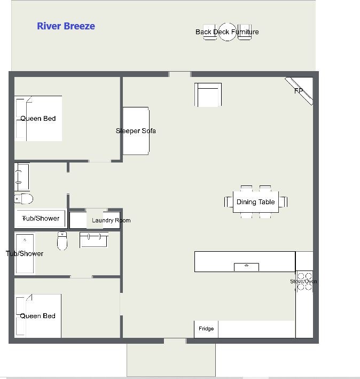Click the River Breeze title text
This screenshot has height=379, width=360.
coord(66,26)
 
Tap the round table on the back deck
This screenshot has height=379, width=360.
coord(227,32)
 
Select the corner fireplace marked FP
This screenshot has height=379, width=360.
coord(300,91)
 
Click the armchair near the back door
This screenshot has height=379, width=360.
coord(208,95)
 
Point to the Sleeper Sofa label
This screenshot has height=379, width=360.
coord(136,131)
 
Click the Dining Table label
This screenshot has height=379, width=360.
coord(256,202)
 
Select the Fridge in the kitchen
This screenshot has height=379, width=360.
coord(206,329)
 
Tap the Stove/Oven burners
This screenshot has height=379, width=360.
coord(304,281)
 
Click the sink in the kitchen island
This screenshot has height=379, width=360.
coord(247,267)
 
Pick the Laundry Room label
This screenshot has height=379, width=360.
coord(111,220)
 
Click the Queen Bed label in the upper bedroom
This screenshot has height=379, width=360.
coord(38,119)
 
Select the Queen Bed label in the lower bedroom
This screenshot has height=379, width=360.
coord(38,316)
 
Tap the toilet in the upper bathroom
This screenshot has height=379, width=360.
coord(24,199)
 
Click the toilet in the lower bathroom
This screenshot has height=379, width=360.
coord(62,241)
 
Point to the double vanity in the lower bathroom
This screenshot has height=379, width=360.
coord(93,239)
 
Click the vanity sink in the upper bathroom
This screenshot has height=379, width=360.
coord(22,177)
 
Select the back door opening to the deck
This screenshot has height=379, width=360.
coord(179,74)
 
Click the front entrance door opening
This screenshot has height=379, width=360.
coord(175,341)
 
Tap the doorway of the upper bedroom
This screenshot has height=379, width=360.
coord(99,161)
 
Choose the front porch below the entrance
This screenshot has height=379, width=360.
coord(171,360)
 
